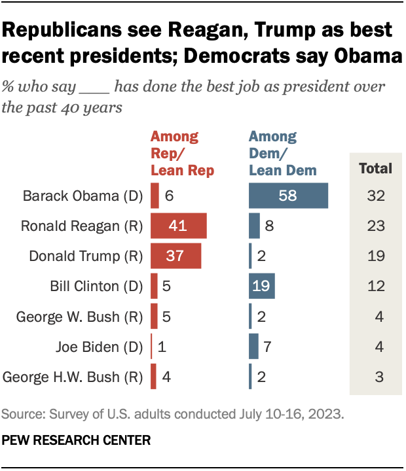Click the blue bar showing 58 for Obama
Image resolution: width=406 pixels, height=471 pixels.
288,196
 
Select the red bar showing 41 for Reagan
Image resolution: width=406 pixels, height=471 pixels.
179,226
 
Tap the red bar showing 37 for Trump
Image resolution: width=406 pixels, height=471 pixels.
175,256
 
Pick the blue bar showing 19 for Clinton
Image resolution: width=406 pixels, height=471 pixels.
262,286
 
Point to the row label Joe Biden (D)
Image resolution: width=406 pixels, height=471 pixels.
98,346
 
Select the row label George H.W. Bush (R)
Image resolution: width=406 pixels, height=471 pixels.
72,376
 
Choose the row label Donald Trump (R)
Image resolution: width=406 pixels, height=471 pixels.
84,256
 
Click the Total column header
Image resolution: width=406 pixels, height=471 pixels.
375,168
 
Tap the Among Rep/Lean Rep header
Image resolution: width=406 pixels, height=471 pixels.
183,154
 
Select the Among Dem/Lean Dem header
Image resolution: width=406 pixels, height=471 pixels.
282,154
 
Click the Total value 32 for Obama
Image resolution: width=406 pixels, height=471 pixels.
375,196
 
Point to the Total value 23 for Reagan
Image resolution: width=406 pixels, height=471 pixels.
375,226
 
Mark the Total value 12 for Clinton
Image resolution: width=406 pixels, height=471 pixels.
375,286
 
